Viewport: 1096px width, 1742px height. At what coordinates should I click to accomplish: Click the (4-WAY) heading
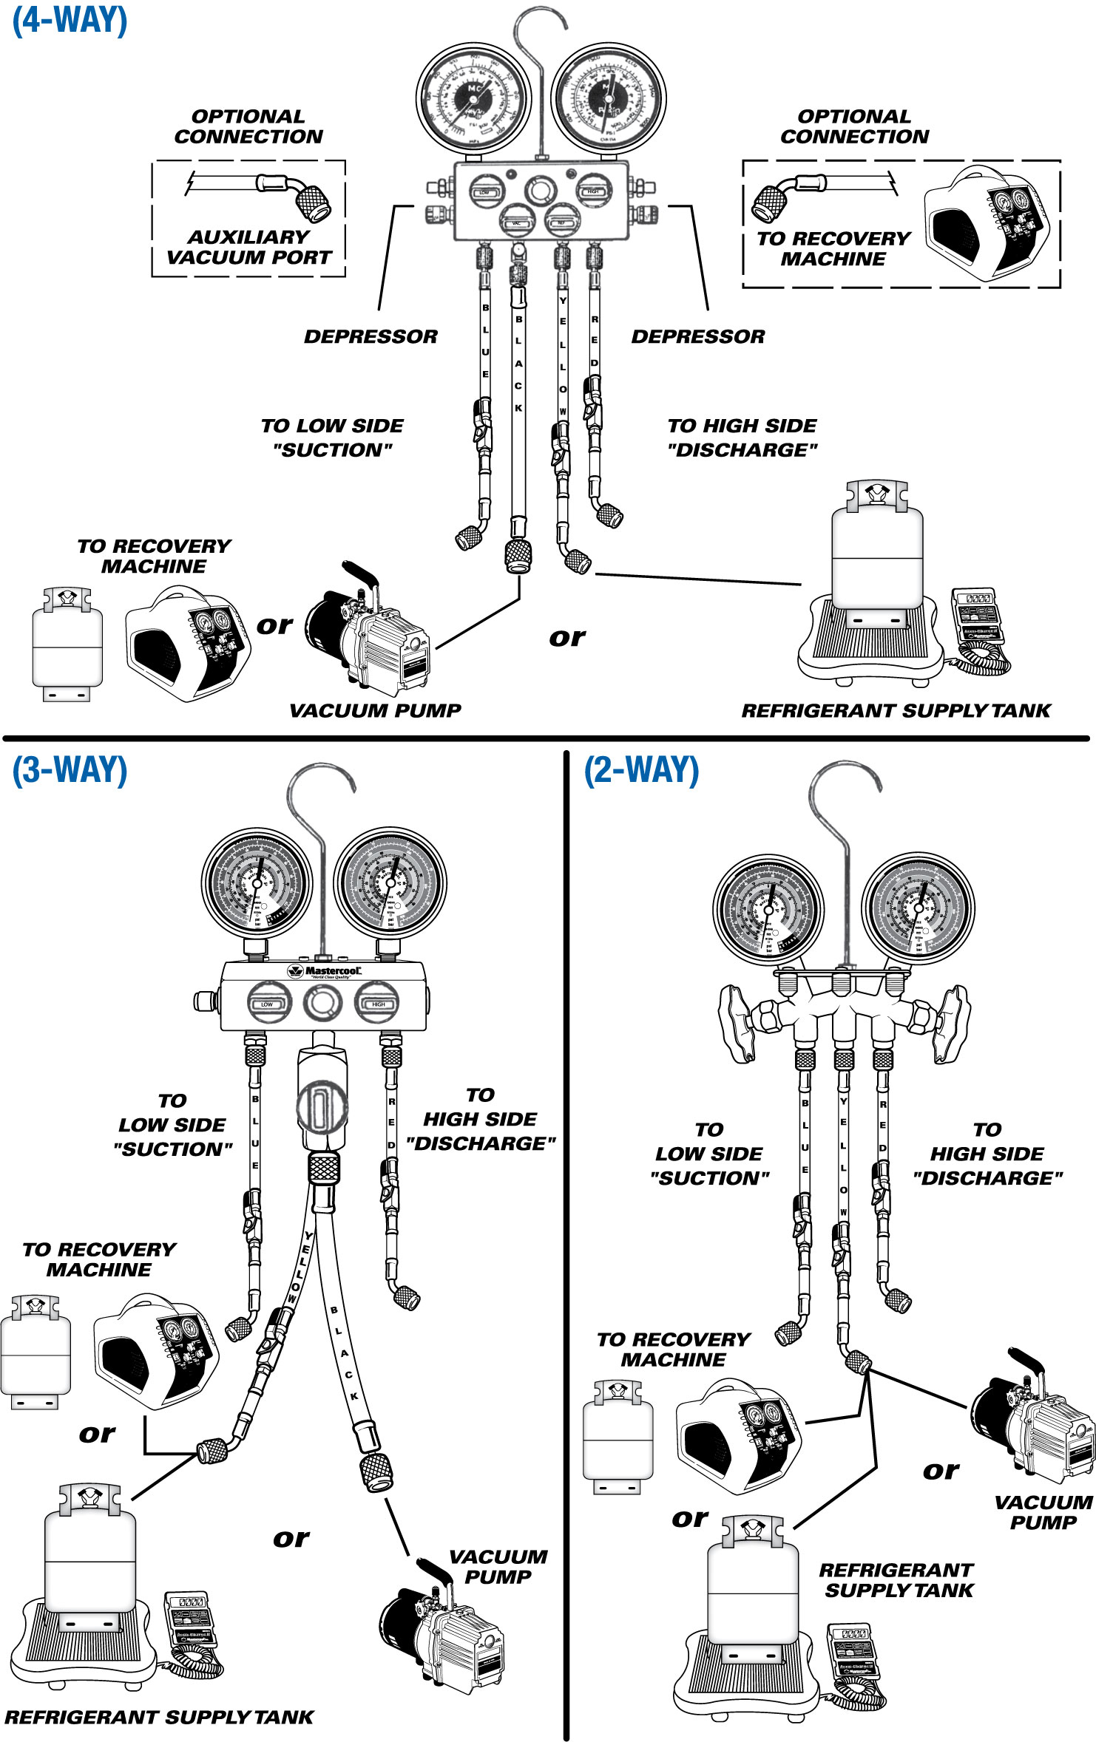click(70, 20)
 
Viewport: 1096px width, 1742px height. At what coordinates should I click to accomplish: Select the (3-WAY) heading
click(70, 770)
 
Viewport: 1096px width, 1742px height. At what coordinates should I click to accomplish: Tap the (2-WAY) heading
click(641, 770)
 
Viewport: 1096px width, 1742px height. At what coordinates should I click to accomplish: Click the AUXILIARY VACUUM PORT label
click(248, 247)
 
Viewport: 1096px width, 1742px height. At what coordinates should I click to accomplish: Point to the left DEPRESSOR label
click(371, 336)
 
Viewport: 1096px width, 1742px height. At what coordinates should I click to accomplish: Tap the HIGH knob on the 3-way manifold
click(377, 1003)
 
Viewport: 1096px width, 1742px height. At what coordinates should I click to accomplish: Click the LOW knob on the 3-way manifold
click(268, 1003)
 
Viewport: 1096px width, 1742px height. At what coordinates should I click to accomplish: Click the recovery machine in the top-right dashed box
click(987, 224)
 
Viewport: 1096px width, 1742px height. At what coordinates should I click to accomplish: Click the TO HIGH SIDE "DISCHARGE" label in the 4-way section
click(742, 438)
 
